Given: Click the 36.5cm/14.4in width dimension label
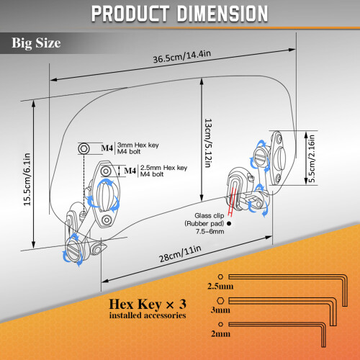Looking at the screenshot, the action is coord(182,57).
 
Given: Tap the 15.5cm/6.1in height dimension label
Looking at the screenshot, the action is coord(27,179).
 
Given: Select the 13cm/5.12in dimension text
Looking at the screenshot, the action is coord(208,143).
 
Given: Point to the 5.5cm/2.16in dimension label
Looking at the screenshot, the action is coord(311,158).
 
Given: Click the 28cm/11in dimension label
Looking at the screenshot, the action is coord(180,254).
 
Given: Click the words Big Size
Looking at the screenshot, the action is coord(36,43).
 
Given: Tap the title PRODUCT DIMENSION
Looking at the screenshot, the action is coord(179,14).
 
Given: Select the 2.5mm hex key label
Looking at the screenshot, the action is coord(220,287).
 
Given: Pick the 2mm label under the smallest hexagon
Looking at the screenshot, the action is coord(220,334).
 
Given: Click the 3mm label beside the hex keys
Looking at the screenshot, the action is coord(220,310).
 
